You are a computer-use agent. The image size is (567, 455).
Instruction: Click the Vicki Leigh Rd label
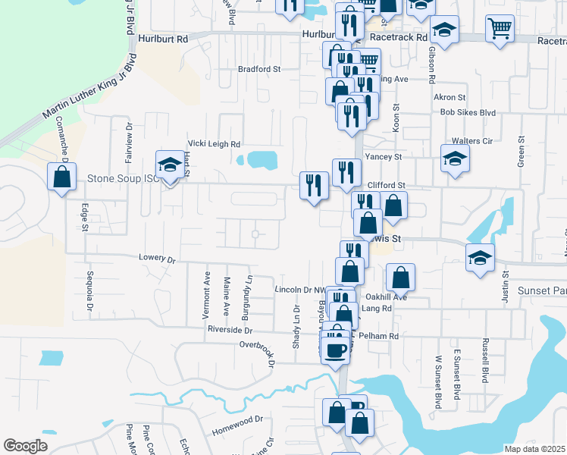tap(214, 143)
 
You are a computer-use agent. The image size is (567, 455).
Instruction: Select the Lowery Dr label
tap(157, 258)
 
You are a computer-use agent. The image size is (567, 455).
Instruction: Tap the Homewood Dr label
tap(237, 418)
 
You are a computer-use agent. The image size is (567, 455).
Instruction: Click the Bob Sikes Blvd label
tap(468, 112)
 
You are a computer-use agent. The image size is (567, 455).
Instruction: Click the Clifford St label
tap(387, 185)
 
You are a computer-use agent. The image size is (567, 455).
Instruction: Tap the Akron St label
tap(450, 97)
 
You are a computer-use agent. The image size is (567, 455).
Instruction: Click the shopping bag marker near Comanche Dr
tap(61, 177)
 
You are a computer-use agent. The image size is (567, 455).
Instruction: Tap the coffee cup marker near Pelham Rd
tap(335, 350)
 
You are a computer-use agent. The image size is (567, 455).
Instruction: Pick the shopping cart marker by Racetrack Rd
tap(501, 30)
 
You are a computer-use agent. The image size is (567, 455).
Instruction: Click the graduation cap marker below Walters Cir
tap(455, 159)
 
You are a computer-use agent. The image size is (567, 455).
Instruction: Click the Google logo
tap(26, 446)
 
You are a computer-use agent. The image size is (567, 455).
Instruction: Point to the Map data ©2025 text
tap(534, 449)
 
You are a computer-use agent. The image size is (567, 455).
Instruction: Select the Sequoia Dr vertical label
tap(89, 294)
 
